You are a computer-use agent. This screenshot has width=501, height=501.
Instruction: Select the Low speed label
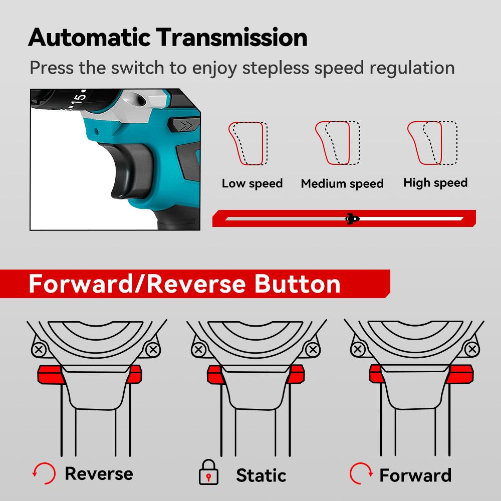coord(252,183)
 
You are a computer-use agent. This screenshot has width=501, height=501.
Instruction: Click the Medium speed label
coord(342,184)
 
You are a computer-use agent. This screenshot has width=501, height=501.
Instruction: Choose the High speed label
coord(435,183)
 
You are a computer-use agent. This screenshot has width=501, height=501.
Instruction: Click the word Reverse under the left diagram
coord(99,473)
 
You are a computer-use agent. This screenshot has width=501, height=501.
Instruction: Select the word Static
coord(261,474)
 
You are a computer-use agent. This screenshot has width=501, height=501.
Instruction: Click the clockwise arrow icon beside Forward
coord(361,472)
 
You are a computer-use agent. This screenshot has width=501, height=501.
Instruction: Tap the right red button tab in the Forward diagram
coord(461,374)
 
